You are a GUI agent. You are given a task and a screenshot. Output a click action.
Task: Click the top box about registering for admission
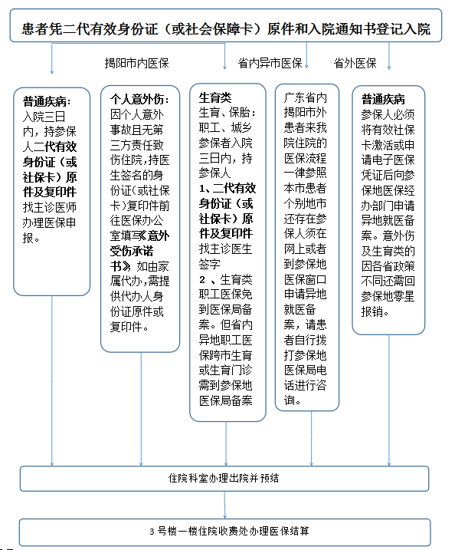pos(227,30)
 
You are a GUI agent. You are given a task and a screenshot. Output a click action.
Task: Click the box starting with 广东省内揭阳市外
pos(306,245)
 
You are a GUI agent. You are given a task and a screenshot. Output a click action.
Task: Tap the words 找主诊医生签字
pos(225,256)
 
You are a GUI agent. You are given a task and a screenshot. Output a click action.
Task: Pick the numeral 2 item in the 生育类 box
pos(203,279)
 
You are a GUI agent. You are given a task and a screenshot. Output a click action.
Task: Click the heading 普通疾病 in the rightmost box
pos(383,99)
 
